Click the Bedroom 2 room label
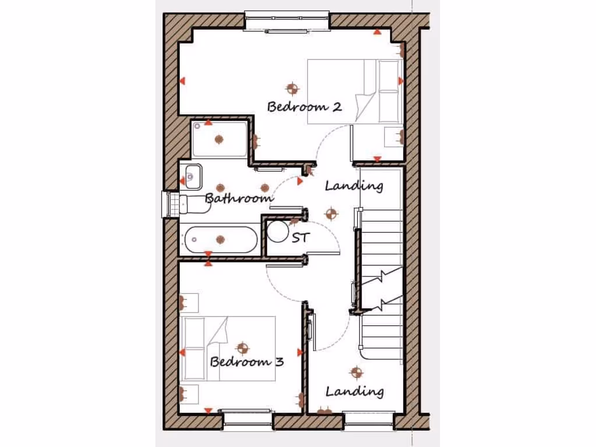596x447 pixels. (304, 107)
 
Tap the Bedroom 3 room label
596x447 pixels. (247, 362)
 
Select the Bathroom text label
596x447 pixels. (239, 198)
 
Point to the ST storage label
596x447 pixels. (300, 237)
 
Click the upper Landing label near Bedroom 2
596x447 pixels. (354, 186)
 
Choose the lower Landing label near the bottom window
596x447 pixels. (354, 391)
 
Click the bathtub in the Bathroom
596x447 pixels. (221, 239)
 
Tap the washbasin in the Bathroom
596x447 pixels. (191, 176)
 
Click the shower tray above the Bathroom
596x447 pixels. (219, 139)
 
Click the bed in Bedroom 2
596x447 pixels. (354, 91)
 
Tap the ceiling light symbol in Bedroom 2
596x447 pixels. (292, 88)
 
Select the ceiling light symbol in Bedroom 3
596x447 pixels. (242, 347)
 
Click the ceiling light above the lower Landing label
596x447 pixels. (356, 371)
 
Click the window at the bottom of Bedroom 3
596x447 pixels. (247, 418)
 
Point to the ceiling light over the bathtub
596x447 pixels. (220, 239)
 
